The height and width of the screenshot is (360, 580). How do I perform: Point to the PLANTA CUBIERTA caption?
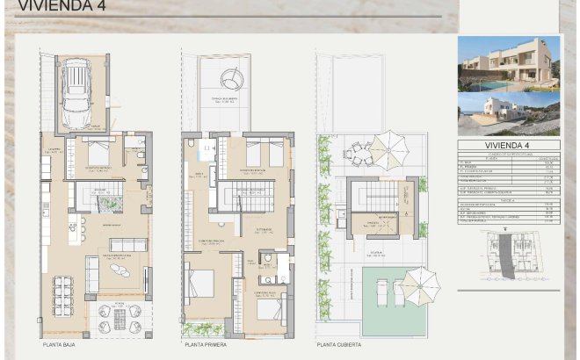click(x=339, y=345)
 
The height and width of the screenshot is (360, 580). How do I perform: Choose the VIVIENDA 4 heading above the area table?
click(x=508, y=146)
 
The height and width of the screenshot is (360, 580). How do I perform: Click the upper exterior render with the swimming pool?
click(x=508, y=64)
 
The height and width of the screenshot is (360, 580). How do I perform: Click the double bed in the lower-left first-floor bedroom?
click(x=203, y=282)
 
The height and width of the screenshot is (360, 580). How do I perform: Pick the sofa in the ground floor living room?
click(x=127, y=244)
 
